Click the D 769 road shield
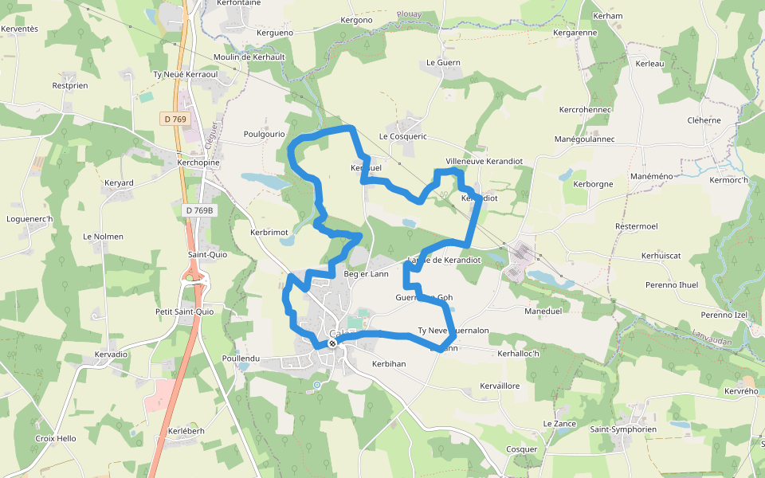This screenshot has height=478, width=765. [x=175, y=119]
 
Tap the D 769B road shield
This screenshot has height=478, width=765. [x=198, y=210]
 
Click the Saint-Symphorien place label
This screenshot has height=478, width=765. [x=623, y=429]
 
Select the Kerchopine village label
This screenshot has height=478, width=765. [x=198, y=162]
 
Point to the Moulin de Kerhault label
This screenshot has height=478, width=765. [x=249, y=57]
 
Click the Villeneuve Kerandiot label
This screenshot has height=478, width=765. [x=484, y=161]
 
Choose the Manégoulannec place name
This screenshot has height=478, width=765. [x=585, y=139]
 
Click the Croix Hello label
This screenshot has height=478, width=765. [x=56, y=438]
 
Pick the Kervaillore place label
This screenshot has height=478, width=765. [x=500, y=386]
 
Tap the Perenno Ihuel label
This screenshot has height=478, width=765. [x=672, y=284]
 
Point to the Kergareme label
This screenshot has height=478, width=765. [x=575, y=33]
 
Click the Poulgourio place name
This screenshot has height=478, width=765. [x=265, y=134]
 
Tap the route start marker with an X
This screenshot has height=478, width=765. [x=332, y=343]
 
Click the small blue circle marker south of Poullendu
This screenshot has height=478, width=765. [x=316, y=386]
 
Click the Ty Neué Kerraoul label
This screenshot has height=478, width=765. [x=186, y=74]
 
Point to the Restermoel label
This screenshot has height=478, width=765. [x=637, y=226]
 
